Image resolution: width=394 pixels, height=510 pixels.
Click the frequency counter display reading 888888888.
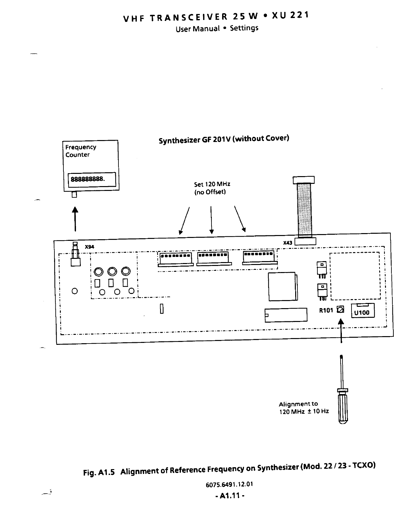point(91,179)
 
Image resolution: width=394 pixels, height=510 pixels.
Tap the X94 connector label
point(89,247)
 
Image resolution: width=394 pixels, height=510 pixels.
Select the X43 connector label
point(287,242)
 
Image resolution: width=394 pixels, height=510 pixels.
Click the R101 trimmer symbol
point(340,310)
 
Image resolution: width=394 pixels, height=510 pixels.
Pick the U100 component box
point(362,312)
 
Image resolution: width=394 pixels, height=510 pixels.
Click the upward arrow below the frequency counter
point(75,219)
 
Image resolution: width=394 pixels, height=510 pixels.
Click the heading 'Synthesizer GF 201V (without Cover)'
point(224,139)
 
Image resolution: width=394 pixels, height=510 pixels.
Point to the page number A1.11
point(230,496)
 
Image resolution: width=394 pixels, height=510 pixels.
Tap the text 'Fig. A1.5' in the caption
point(99,473)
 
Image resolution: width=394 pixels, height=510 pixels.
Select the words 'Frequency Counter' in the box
point(80,151)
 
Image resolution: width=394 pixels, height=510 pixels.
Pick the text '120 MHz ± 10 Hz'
point(304,411)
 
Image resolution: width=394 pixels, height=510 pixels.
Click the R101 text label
point(326,310)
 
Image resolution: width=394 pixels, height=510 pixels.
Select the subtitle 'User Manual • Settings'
point(217,28)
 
